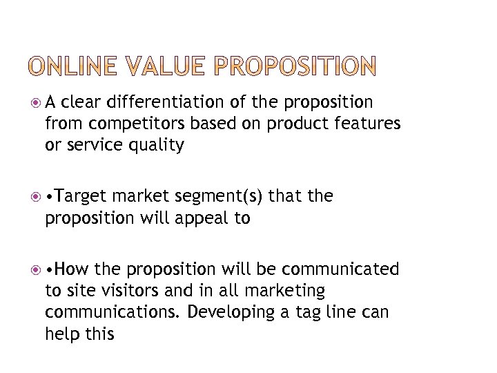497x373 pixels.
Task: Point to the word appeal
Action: click(x=200, y=219)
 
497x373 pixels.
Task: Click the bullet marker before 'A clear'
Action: click(x=35, y=104)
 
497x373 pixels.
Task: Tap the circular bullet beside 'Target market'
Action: click(x=35, y=198)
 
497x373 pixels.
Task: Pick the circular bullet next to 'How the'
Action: click(x=35, y=269)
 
